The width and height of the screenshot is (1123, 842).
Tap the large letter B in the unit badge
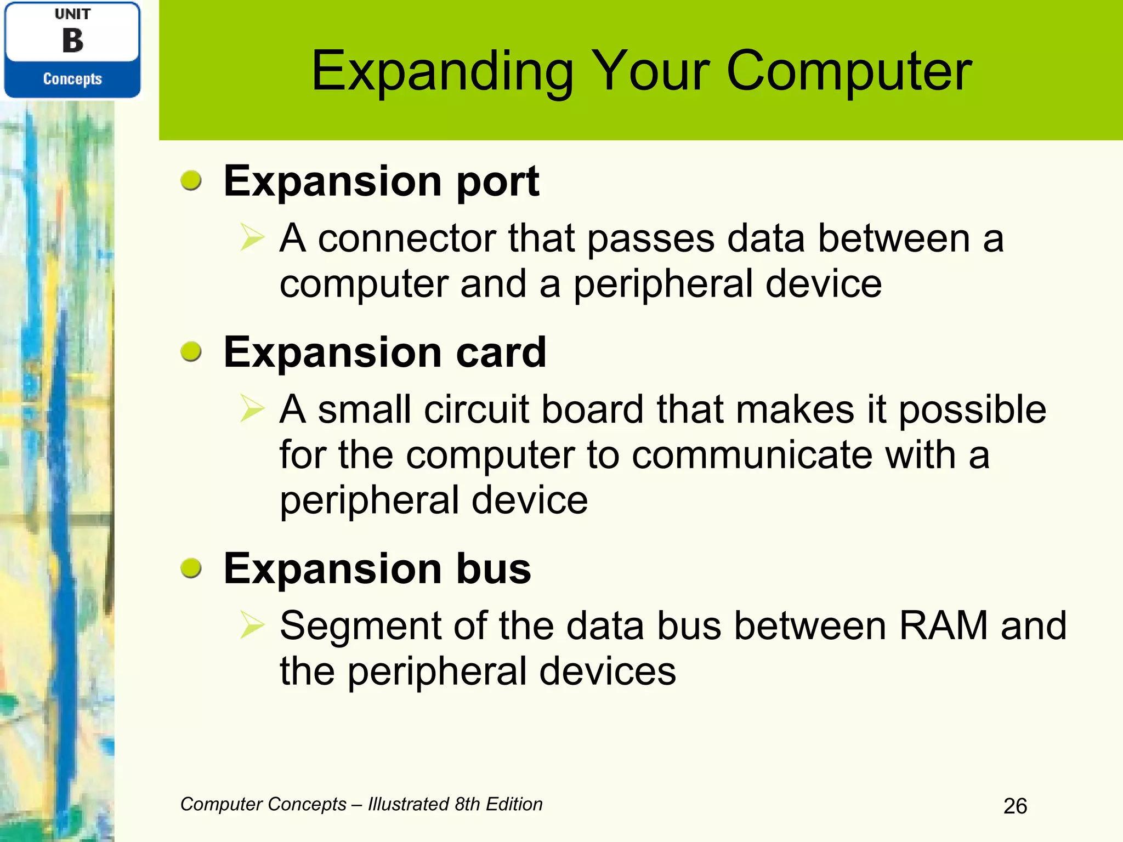pos(72,41)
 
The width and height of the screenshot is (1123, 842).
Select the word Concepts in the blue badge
pos(72,79)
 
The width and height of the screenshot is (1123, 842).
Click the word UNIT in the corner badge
pos(72,14)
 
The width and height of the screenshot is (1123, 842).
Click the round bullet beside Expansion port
pos(191,180)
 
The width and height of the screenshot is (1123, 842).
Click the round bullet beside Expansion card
pos(191,351)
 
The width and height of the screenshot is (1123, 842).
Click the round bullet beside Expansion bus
pos(191,568)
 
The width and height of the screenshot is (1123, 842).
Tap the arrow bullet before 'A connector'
pos(252,238)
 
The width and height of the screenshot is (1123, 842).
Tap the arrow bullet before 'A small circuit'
pos(252,409)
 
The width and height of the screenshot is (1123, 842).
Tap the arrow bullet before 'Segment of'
pos(252,625)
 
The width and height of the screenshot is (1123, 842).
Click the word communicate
pos(751,455)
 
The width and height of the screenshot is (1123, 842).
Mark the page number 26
pos(1015,806)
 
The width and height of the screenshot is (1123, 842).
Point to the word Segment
pos(360,625)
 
